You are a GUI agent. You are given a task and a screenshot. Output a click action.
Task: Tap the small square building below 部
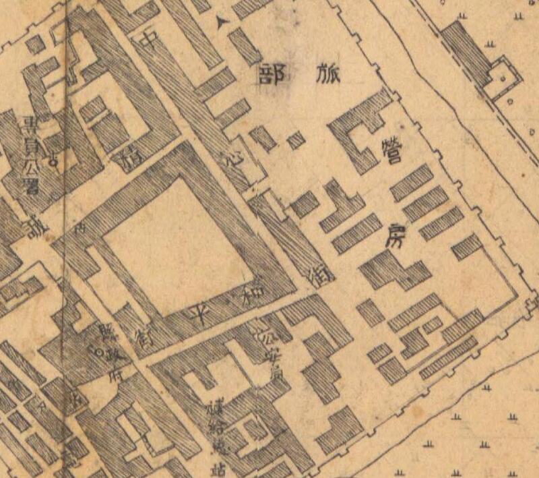[x=295, y=141]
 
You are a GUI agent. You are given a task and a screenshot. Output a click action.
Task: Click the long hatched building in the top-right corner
[x=466, y=50]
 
